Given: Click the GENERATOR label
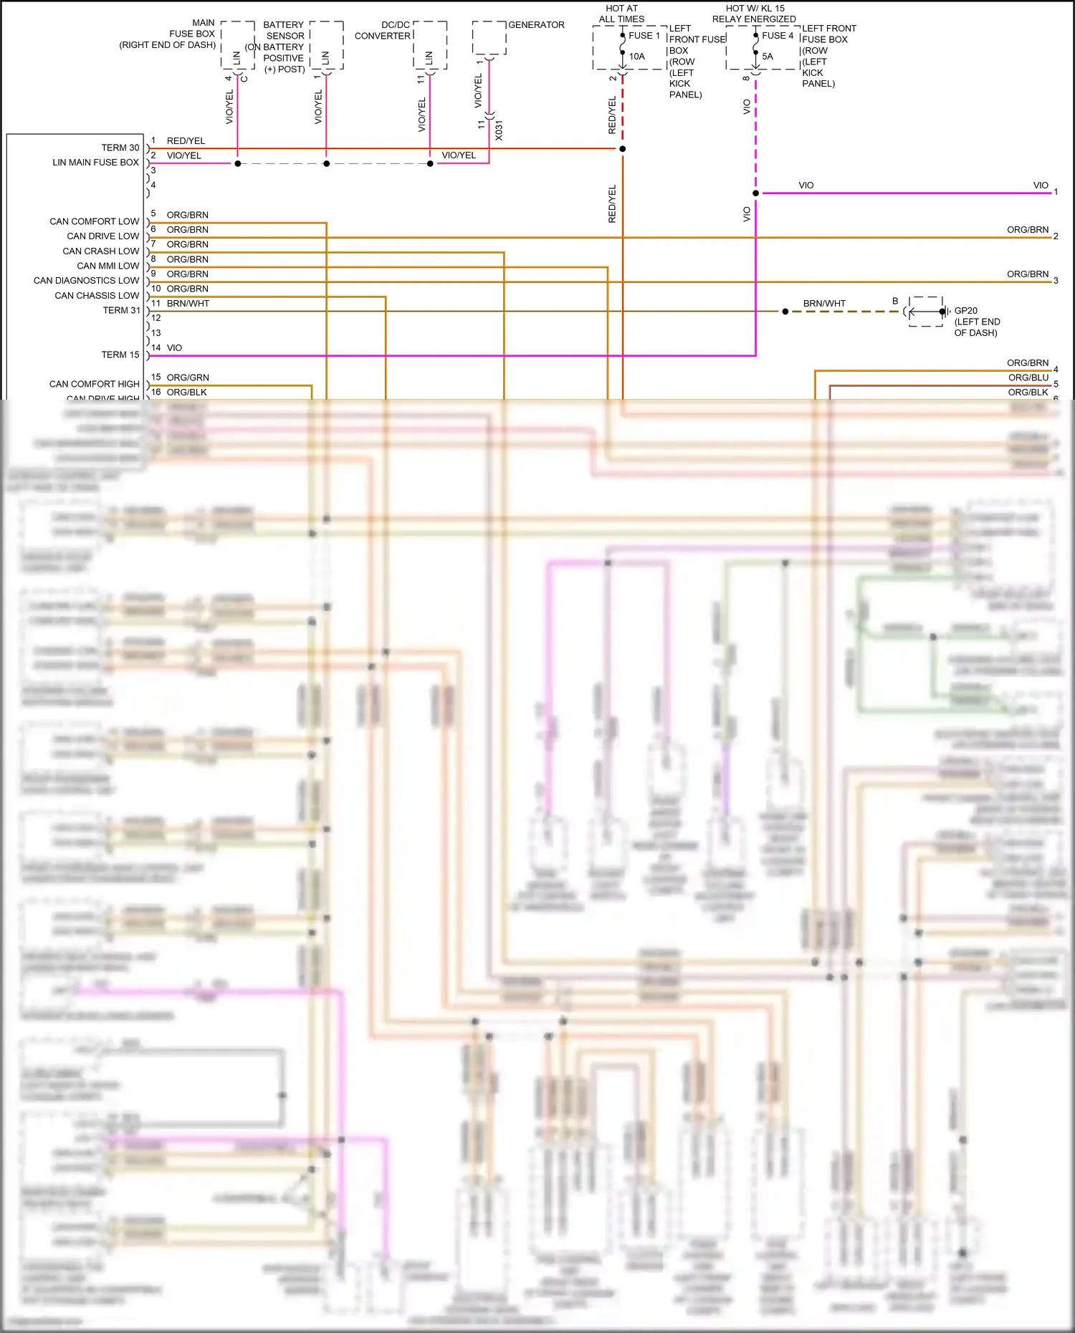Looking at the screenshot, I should pyautogui.click(x=536, y=25).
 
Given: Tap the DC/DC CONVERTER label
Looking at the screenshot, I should pyautogui.click(x=383, y=30).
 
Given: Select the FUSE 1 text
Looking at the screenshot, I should pyautogui.click(x=644, y=36).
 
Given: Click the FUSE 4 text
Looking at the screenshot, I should pyautogui.click(x=778, y=36).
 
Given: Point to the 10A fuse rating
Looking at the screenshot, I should pyautogui.click(x=637, y=57).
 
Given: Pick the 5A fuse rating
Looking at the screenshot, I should pyautogui.click(x=768, y=57).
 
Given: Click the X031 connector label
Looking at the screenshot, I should pyautogui.click(x=499, y=130).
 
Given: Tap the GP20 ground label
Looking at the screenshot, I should pyautogui.click(x=965, y=311).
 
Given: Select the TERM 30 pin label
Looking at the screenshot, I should pyautogui.click(x=120, y=148).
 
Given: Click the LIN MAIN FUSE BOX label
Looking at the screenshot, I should pyautogui.click(x=95, y=163).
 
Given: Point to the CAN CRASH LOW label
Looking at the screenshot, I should pyautogui.click(x=100, y=251).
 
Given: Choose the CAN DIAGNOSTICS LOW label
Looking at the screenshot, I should pyautogui.click(x=86, y=281).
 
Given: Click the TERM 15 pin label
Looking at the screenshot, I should pyautogui.click(x=120, y=355).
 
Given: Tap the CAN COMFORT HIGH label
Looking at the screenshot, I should pyautogui.click(x=94, y=385).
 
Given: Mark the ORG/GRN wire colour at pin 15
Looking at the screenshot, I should pyautogui.click(x=188, y=377).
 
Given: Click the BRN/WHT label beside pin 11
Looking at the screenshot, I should pyautogui.click(x=188, y=304).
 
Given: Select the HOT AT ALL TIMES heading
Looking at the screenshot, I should pyautogui.click(x=621, y=14).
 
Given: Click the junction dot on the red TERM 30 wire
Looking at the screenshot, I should pyautogui.click(x=622, y=149).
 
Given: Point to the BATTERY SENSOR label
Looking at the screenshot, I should pyautogui.click(x=284, y=30).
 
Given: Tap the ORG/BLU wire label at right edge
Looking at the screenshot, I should pyautogui.click(x=1028, y=378).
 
